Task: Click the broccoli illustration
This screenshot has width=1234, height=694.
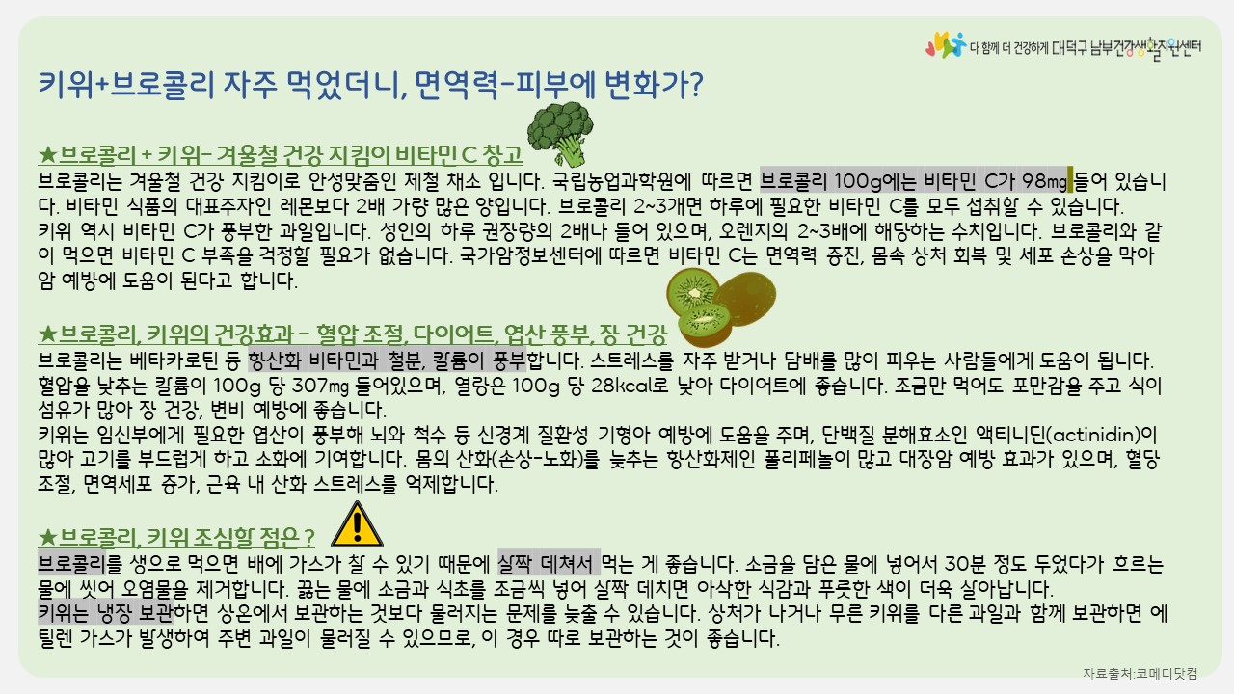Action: point(560,134)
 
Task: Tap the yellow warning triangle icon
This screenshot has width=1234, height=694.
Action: point(357,524)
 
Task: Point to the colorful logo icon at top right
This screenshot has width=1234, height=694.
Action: point(946,44)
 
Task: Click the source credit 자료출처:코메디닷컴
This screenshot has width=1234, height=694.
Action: point(1140,673)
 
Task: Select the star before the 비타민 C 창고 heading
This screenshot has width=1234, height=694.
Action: point(48,155)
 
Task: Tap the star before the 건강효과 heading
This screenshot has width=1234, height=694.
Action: point(48,334)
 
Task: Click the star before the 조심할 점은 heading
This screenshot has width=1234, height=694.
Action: point(48,537)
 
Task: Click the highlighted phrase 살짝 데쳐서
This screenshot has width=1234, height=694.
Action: point(549,563)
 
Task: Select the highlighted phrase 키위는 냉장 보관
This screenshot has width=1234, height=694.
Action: point(105,612)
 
